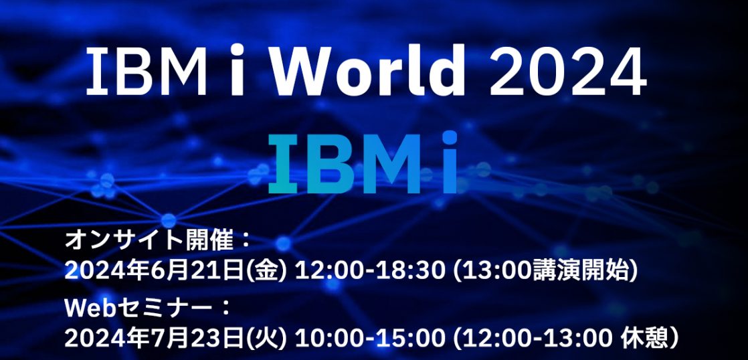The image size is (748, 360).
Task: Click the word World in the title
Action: coord(368,70)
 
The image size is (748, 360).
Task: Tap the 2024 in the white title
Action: coord(568,71)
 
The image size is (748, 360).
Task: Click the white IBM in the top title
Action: coord(147,71)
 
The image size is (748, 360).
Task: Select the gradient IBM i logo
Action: coord(363,163)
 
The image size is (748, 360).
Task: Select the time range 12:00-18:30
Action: coord(370,272)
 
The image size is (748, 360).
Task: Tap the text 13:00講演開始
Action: coord(545,272)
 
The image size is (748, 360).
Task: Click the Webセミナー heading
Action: coord(138,308)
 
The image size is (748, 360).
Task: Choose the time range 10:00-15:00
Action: coord(370,339)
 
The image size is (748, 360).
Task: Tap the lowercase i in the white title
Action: coord(238,70)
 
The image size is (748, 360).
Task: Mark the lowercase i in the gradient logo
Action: coord(449,163)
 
